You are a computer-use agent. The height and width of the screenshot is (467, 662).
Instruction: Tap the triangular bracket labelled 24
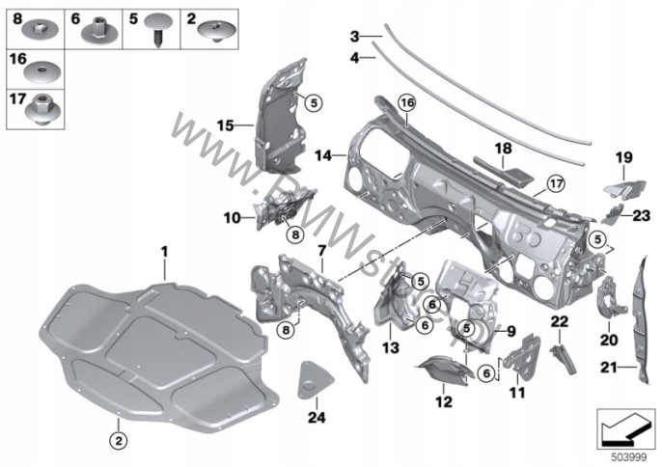[x=312, y=381]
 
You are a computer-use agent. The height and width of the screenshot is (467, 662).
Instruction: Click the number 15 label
[x=225, y=124]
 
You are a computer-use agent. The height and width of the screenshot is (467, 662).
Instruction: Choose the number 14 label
[x=323, y=154]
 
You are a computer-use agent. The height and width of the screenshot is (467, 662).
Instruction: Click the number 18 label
[x=502, y=149]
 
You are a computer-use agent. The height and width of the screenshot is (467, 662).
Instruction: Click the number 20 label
[x=609, y=339]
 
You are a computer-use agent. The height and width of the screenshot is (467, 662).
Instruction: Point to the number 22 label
[x=559, y=321]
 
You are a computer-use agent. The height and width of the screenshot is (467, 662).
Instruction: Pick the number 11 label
[x=513, y=393]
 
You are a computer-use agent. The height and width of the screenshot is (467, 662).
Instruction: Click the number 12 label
[x=443, y=400]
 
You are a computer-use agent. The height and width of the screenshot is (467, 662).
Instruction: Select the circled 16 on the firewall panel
[x=407, y=101]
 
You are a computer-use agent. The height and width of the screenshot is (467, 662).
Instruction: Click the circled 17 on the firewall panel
[x=555, y=182]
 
